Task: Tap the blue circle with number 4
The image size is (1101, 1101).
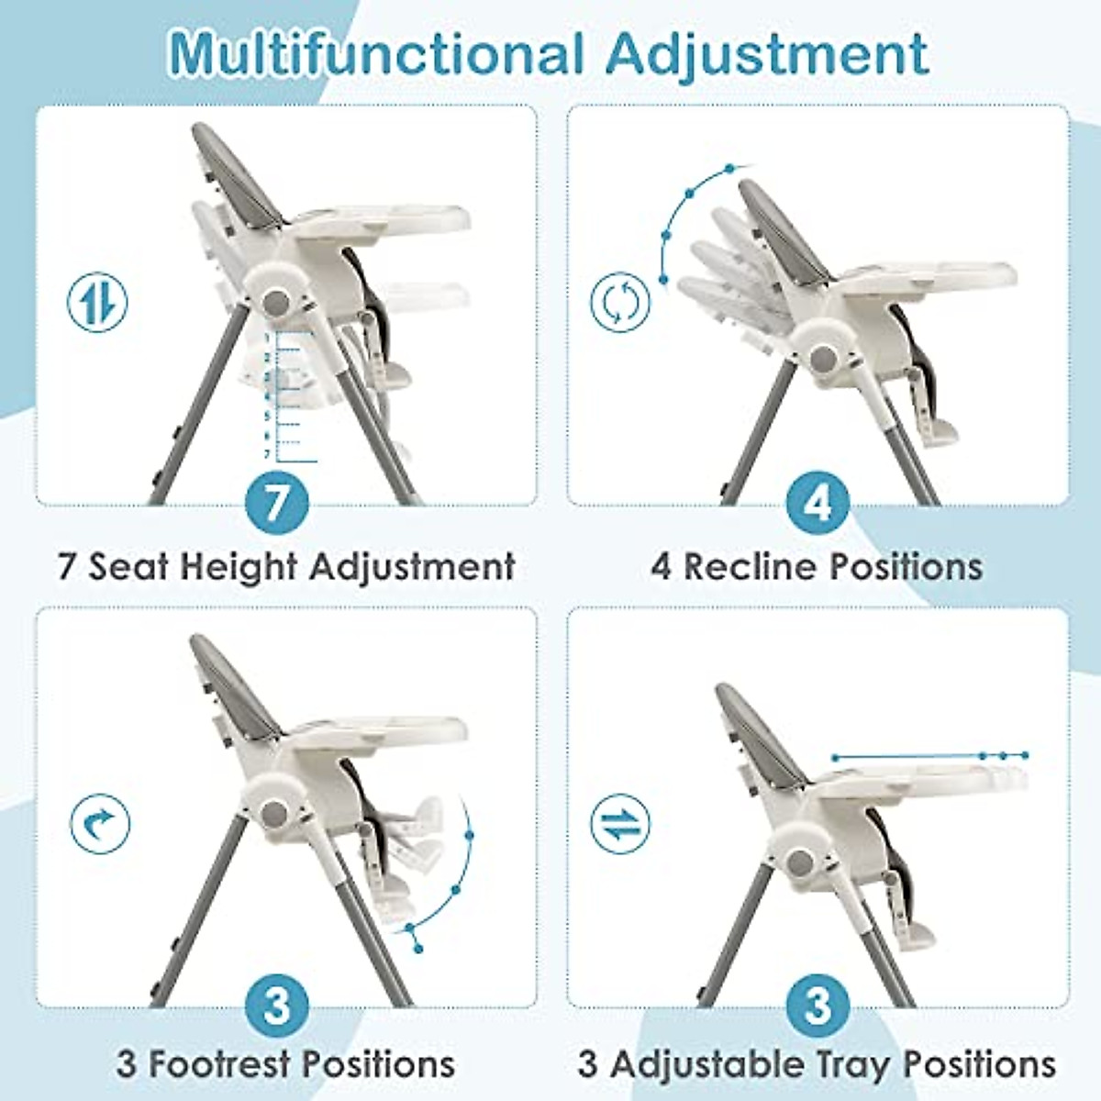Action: pyautogui.click(x=817, y=502)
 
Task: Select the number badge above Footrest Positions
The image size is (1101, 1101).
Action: pyautogui.click(x=277, y=1005)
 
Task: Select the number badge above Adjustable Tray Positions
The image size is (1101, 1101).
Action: pyautogui.click(x=817, y=1005)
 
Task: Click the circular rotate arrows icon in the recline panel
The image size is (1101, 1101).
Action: pyautogui.click(x=620, y=302)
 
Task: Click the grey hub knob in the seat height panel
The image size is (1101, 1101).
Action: pyautogui.click(x=273, y=302)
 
